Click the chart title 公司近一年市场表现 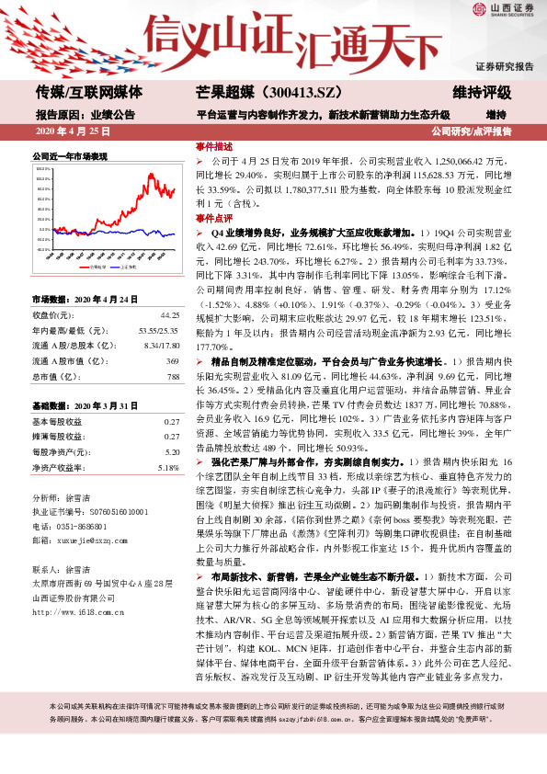point(70,156)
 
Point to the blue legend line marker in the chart point(113,267)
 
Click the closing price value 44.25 point(169,314)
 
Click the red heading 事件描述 point(213,146)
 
